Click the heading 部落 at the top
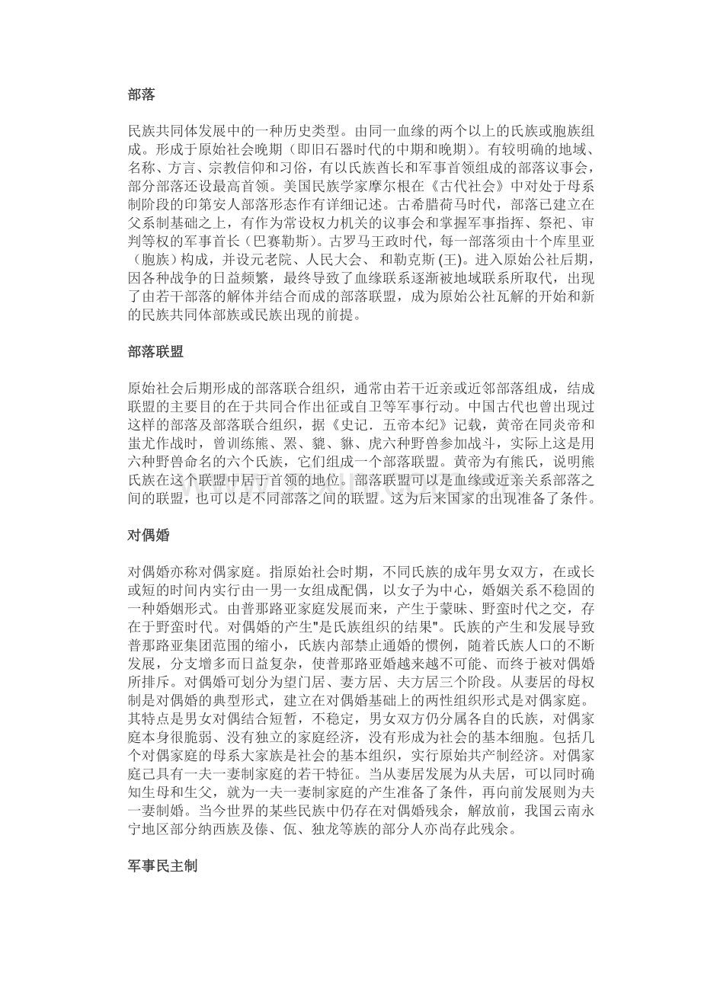tap(142, 95)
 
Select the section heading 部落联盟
tap(155, 351)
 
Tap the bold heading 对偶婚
tap(149, 535)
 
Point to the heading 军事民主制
tap(162, 866)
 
